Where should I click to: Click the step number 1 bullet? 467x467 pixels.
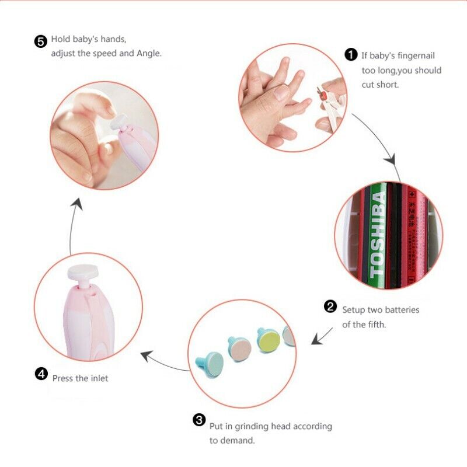[351, 55]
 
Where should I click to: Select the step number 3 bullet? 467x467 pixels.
[199, 420]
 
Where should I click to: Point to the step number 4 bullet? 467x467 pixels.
[41, 374]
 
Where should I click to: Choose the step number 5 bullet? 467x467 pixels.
[40, 41]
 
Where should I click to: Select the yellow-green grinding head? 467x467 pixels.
[269, 339]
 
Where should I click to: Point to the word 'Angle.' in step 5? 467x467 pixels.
[148, 53]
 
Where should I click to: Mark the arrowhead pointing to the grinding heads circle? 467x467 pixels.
[316, 340]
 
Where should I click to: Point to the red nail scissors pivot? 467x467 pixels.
[320, 90]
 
